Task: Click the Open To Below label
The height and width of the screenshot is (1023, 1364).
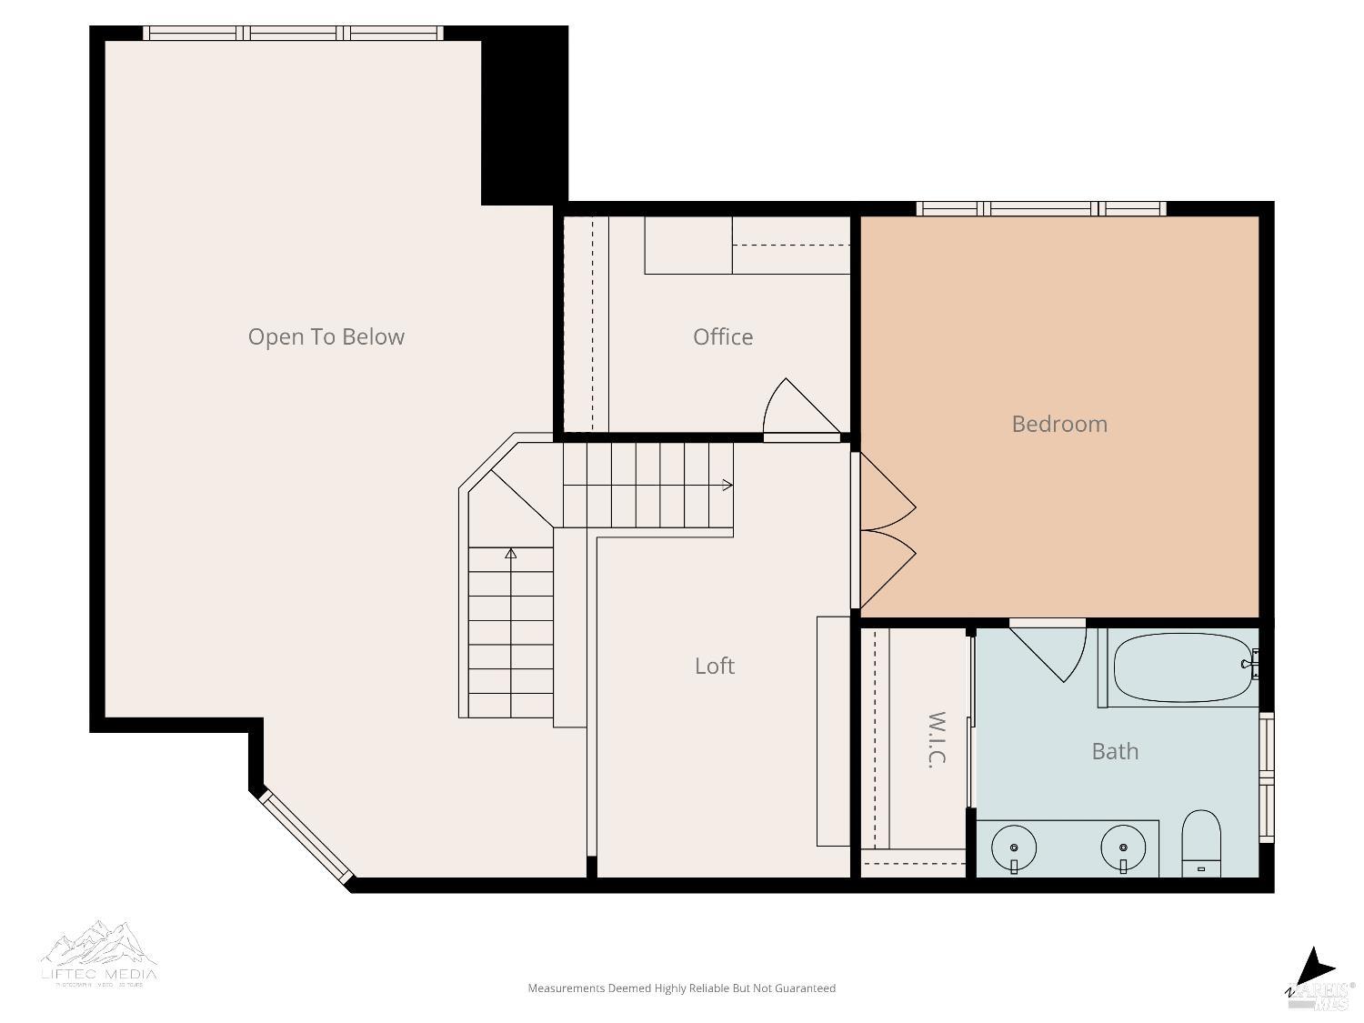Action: (326, 336)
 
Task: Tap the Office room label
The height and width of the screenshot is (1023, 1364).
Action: (723, 336)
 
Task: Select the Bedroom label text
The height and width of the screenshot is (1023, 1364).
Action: (1059, 424)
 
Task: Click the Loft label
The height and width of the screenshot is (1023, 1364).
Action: (714, 666)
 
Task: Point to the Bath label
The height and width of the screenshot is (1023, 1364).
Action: (1115, 751)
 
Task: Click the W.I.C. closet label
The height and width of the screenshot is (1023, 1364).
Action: (937, 739)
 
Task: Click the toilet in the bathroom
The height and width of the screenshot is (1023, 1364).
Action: (1201, 844)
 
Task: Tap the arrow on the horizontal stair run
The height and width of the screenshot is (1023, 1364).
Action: (727, 485)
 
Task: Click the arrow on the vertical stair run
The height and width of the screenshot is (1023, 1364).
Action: (511, 553)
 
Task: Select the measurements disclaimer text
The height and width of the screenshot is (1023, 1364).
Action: (681, 988)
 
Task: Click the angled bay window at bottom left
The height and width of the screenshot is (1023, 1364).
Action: (306, 837)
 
